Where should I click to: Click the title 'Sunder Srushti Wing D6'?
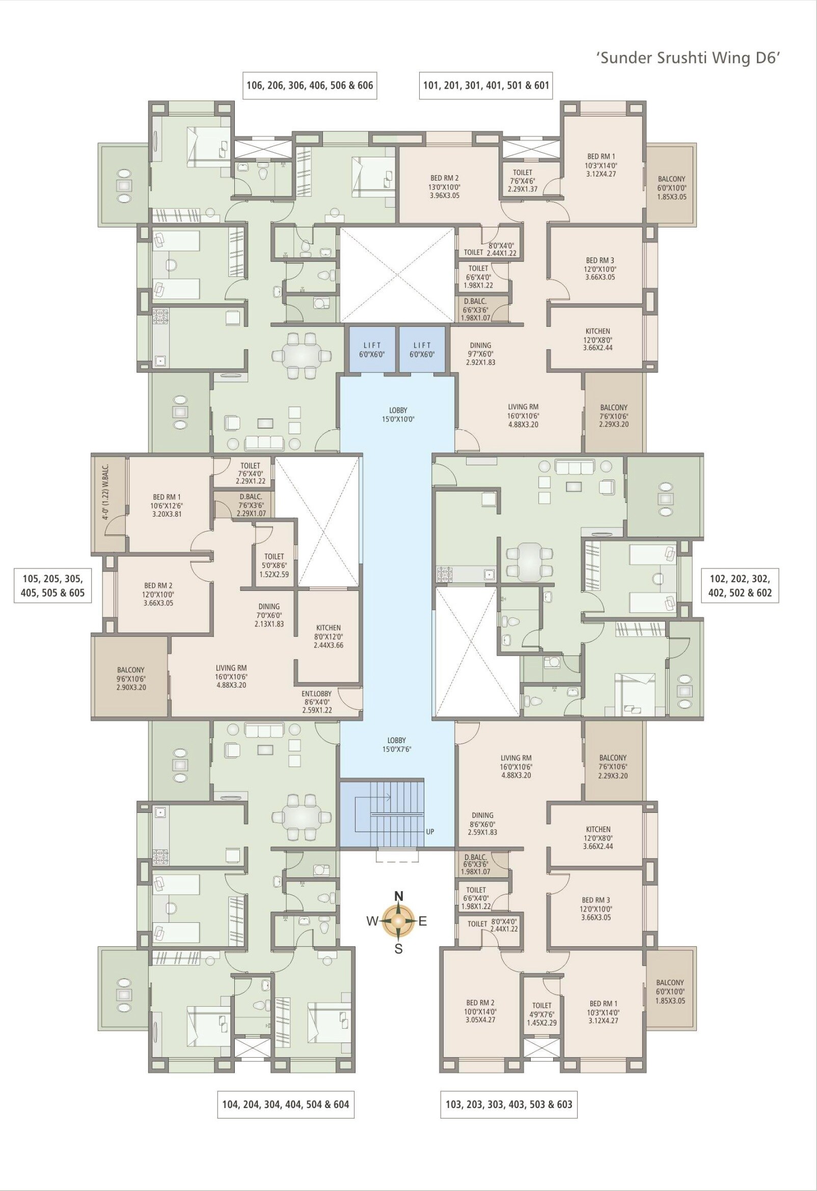[688, 58]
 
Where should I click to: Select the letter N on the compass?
[398, 896]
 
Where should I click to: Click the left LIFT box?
[372, 350]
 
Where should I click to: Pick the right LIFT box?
[422, 350]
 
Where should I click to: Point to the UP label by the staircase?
[430, 832]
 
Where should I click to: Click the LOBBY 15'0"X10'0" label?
[398, 414]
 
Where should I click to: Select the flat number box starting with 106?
[309, 85]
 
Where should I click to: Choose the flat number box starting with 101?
[486, 85]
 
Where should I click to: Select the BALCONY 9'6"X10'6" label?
[131, 678]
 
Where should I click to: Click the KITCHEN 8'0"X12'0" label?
[328, 636]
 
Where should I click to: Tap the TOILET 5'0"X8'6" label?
[274, 565]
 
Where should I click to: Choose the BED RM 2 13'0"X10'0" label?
[445, 187]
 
